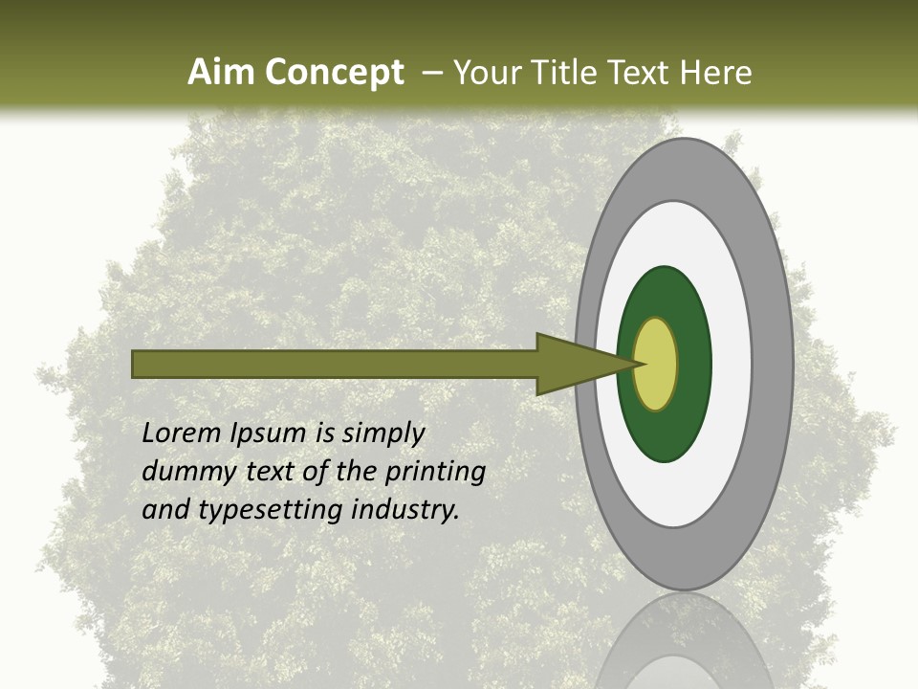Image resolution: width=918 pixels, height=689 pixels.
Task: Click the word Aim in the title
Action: click(223, 73)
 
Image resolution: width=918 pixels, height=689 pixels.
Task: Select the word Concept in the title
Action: click(336, 73)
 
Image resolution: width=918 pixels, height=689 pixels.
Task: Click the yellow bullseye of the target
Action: click(656, 364)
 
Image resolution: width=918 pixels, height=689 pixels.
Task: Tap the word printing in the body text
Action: click(435, 473)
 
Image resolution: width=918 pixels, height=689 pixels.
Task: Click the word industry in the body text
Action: click(404, 510)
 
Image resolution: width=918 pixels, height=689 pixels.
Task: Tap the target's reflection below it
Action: click(684, 641)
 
